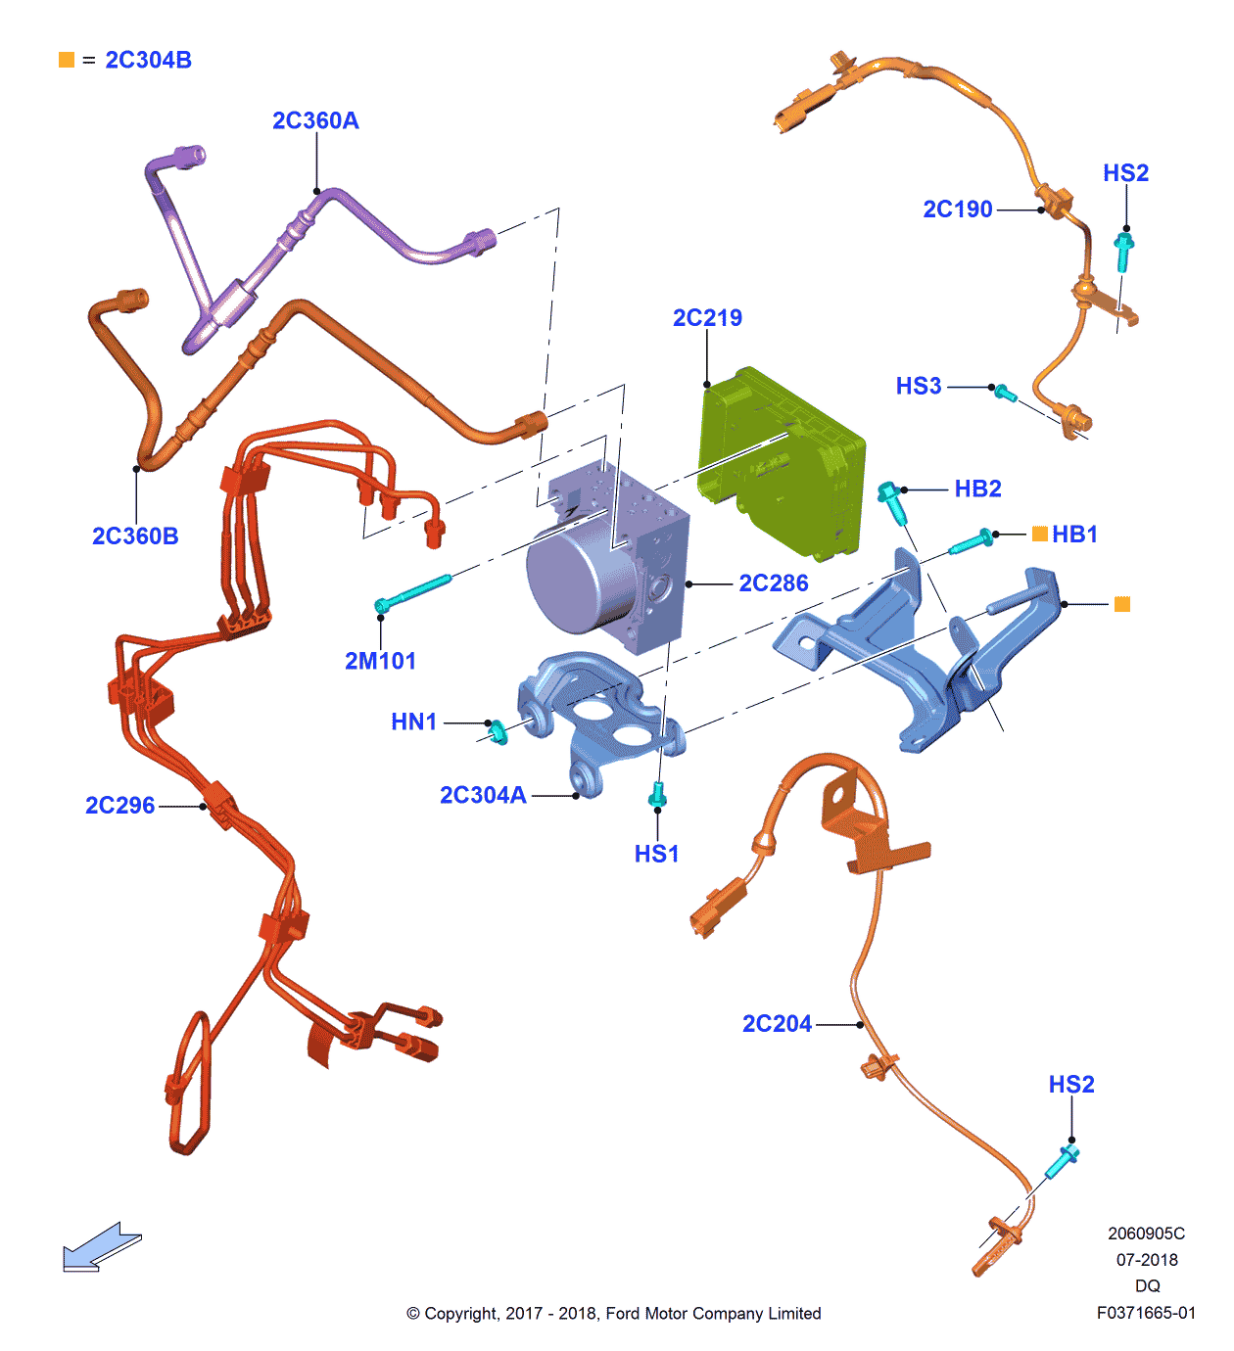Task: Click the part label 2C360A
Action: (315, 120)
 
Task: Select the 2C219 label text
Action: (707, 317)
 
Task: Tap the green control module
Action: (783, 460)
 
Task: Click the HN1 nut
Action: (498, 730)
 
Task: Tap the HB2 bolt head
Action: (889, 492)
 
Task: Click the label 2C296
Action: (119, 805)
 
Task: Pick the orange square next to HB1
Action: (1040, 534)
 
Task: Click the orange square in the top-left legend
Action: (67, 60)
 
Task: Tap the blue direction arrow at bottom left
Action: (100, 1249)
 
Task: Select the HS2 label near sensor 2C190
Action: (1125, 173)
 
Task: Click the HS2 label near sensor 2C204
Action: (1071, 1084)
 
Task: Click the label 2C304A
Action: (483, 795)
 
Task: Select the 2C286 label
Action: (773, 582)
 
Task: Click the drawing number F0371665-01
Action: (1146, 1313)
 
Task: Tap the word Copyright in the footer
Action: (460, 1313)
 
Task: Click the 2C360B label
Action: (135, 536)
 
